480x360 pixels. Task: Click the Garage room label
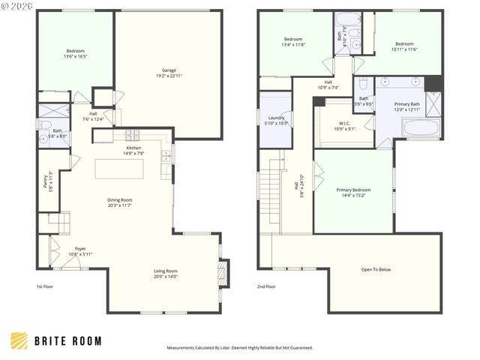(x=169, y=73)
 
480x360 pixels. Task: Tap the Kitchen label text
(x=133, y=150)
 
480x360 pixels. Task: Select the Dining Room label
(x=119, y=202)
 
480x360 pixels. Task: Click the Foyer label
(x=79, y=251)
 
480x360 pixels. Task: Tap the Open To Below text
(x=376, y=270)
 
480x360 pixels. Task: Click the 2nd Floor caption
(x=266, y=286)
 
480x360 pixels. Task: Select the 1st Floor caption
(x=46, y=286)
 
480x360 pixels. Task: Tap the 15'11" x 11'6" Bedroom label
(x=404, y=46)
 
